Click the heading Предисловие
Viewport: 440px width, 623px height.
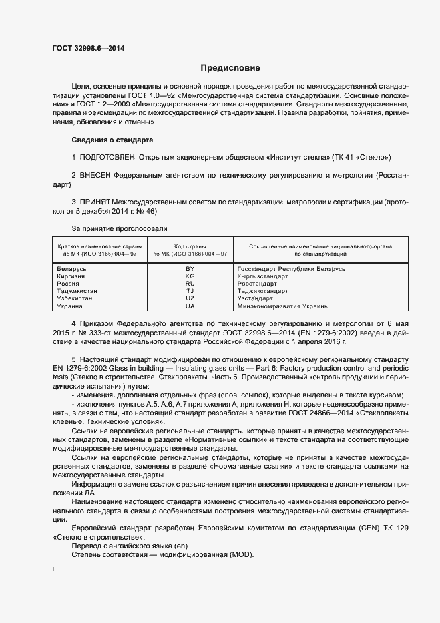point(230,68)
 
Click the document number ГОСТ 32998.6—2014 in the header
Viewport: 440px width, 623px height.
point(88,49)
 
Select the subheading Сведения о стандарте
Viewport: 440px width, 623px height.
point(112,140)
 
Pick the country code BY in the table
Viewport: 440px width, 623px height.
point(190,268)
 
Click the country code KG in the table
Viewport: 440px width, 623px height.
point(190,276)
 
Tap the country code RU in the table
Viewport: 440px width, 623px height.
point(190,283)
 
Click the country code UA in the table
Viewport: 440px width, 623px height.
point(190,306)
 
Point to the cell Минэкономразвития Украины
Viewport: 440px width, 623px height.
point(283,306)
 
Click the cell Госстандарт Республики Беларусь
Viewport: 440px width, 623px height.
point(292,268)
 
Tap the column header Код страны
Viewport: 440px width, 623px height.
point(190,246)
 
